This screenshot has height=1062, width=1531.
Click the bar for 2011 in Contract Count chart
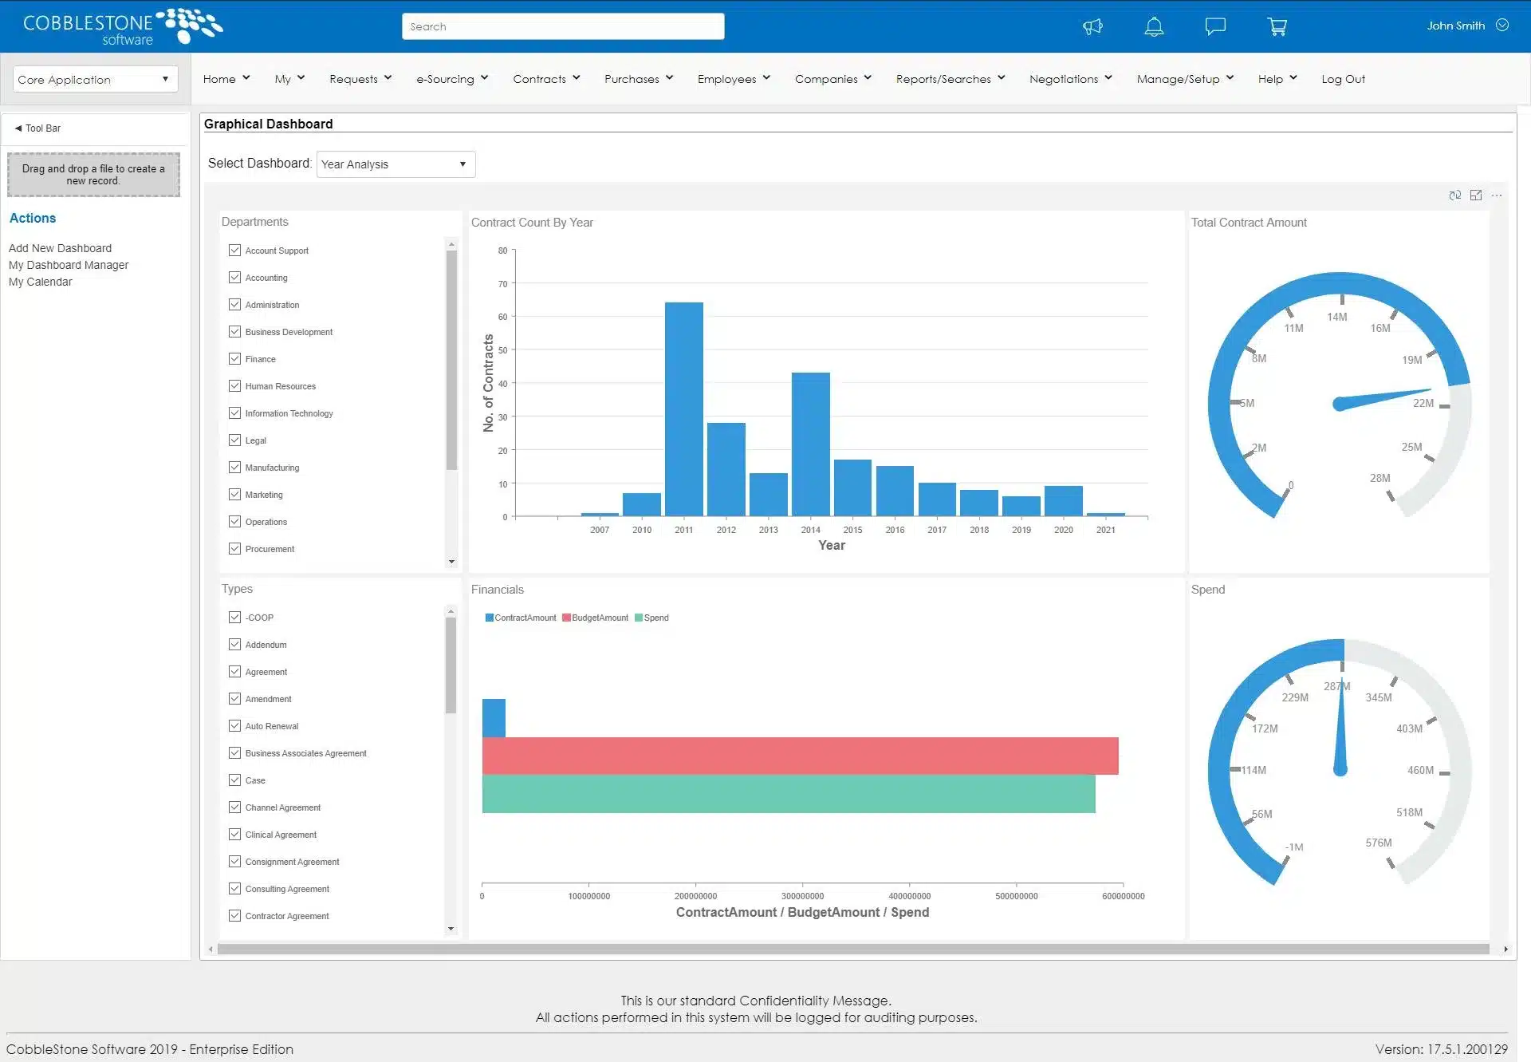pyautogui.click(x=683, y=409)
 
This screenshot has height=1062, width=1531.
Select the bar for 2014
pyautogui.click(x=810, y=444)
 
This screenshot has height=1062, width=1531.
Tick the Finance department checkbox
pyautogui.click(x=234, y=359)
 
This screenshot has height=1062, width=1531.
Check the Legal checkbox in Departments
pyautogui.click(x=234, y=440)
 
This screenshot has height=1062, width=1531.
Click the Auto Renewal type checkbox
pyautogui.click(x=234, y=726)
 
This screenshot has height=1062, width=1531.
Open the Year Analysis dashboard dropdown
pyautogui.click(x=396, y=164)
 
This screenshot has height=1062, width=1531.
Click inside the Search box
pyautogui.click(x=562, y=26)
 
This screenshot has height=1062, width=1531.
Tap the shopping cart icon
pyautogui.click(x=1277, y=26)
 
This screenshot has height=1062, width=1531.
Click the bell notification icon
pyautogui.click(x=1153, y=26)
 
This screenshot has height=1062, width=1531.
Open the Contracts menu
pyautogui.click(x=546, y=79)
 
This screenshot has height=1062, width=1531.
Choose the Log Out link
pyautogui.click(x=1343, y=79)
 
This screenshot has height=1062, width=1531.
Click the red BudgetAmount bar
pyautogui.click(x=800, y=756)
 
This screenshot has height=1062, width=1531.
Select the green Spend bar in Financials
pyautogui.click(x=788, y=794)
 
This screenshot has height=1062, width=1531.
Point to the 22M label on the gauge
pyautogui.click(x=1423, y=403)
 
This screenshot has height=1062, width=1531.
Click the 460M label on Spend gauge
pyautogui.click(x=1420, y=770)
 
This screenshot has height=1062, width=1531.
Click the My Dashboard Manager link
pyautogui.click(x=69, y=265)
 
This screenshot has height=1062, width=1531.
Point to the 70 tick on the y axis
pyautogui.click(x=502, y=284)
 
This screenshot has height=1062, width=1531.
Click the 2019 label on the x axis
pyautogui.click(x=1021, y=530)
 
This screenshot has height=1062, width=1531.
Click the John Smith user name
pyautogui.click(x=1455, y=26)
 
